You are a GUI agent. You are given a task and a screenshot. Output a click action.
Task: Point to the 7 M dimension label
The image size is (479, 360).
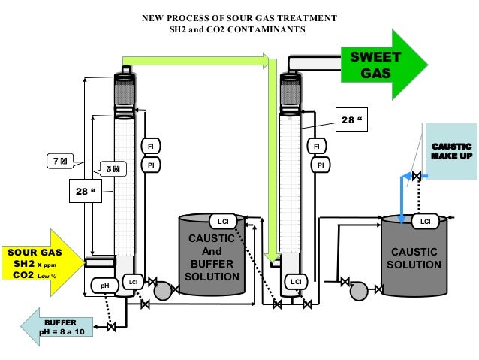pos(59,162)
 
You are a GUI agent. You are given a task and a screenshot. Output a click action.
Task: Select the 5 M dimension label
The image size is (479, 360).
pos(113,169)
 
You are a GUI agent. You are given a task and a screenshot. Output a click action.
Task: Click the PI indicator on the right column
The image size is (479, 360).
pos(320,164)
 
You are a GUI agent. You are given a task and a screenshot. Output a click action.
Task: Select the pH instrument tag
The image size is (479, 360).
pos(104,285)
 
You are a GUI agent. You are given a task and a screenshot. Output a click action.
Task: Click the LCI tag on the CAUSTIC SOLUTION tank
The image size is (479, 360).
pos(425,221)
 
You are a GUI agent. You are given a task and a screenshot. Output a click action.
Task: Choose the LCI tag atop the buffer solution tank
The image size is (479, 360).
pos(222,221)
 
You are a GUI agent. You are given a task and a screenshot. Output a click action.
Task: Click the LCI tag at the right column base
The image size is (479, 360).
pos(296,281)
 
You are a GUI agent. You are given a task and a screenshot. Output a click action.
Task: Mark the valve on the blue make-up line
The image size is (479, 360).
pos(415,177)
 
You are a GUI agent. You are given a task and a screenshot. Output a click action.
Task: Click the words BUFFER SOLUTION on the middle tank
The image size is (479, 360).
pos(212,271)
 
